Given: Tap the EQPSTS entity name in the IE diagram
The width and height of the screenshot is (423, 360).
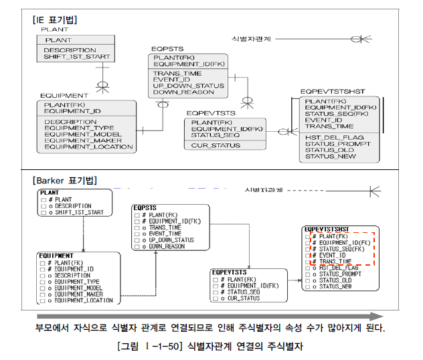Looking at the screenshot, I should click(166, 49).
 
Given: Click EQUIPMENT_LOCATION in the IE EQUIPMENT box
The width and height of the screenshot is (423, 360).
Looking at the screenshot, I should click(88, 147).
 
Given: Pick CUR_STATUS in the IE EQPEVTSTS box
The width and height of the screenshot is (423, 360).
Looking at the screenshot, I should click(213, 145).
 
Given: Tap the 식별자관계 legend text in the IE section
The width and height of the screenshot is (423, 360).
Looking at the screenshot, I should click(252, 39).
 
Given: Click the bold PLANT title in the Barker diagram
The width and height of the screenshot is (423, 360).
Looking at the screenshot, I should click(50, 192).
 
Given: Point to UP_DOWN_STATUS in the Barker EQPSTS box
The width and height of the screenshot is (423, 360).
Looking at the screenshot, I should click(171, 240).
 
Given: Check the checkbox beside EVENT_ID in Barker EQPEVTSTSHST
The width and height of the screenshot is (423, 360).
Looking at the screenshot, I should click(307, 255).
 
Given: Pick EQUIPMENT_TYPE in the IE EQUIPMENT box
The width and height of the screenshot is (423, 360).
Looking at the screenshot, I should click(79, 128).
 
